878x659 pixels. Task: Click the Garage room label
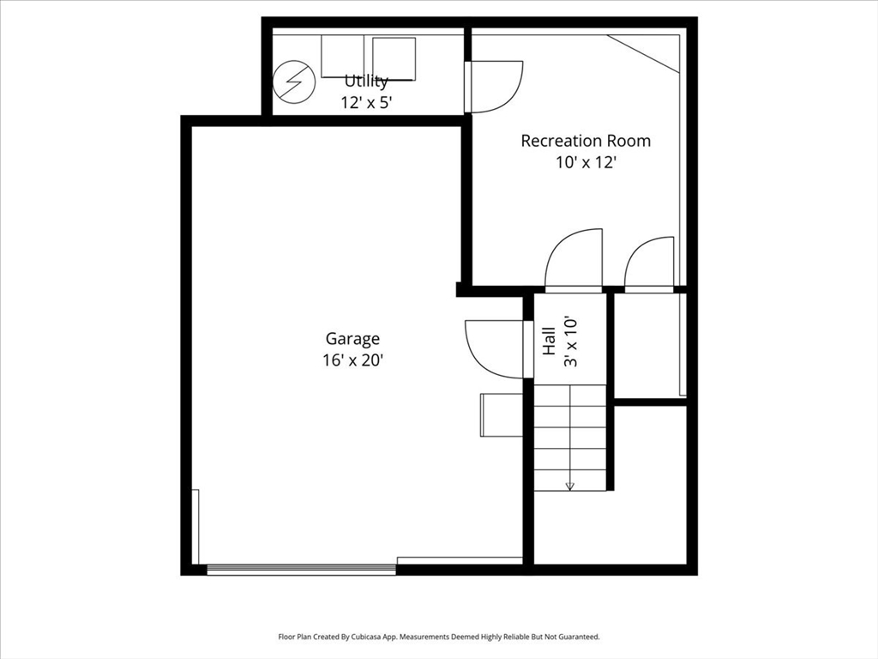point(352,339)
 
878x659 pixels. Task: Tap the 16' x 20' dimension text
point(352,360)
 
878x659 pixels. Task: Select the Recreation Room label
point(586,141)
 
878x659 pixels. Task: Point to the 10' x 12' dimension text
point(586,162)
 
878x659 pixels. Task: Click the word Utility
point(366,82)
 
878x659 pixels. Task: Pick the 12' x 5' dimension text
point(366,102)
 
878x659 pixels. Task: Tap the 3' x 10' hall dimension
point(569,341)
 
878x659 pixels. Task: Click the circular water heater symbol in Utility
point(294,82)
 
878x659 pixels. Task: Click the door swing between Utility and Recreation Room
point(496,87)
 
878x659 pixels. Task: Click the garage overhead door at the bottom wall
point(301,567)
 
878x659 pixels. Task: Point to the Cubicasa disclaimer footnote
point(439,637)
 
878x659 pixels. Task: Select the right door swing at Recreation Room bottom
point(649,263)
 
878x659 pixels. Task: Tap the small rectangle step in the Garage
point(502,414)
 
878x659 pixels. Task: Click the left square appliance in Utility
point(343,57)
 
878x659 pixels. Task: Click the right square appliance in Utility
point(394,58)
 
